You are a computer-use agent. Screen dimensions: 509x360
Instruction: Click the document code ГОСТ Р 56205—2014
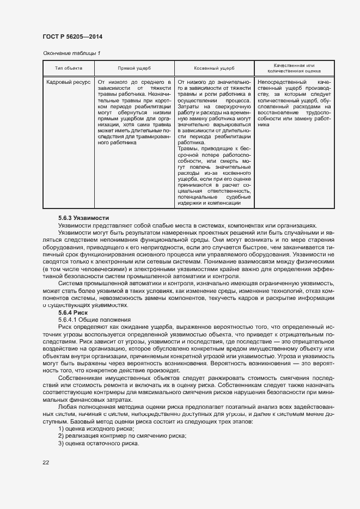pyautogui.click(x=72, y=36)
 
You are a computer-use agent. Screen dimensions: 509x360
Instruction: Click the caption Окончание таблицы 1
pyautogui.click(x=71, y=53)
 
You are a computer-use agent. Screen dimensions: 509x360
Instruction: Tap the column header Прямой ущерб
pyautogui.click(x=134, y=69)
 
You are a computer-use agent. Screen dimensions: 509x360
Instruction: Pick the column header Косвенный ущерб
pyautogui.click(x=214, y=69)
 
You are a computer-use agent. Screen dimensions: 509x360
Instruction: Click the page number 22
pyautogui.click(x=46, y=463)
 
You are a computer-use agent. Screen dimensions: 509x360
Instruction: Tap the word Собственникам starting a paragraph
pyautogui.click(x=82, y=377)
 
